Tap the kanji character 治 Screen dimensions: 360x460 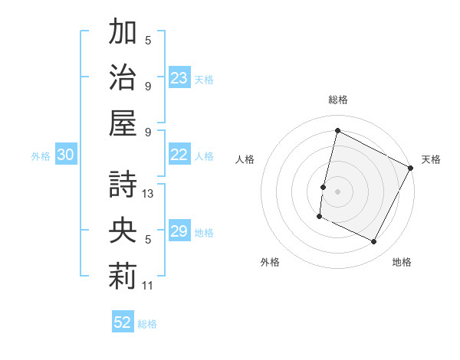pos(123,77)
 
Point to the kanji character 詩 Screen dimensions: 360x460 pos(123,184)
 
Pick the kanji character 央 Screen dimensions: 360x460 pos(123,230)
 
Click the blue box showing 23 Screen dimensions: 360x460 pos(179,77)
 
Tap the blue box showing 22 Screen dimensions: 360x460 pos(179,155)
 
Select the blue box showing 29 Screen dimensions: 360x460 pos(179,231)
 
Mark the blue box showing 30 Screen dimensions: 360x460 pos(66,155)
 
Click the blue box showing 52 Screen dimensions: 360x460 pos(123,322)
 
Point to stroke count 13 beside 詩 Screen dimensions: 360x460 pos(149,193)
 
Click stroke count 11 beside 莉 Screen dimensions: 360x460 pos(149,286)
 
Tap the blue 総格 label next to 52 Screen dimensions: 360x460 pos(147,323)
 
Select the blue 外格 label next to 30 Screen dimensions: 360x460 pos(41,155)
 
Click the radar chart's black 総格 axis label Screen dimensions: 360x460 pos(337,100)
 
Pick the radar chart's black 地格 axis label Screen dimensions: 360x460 pos(402,262)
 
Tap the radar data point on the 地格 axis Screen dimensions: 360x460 pos(374,242)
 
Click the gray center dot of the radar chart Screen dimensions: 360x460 pos(337,191)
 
